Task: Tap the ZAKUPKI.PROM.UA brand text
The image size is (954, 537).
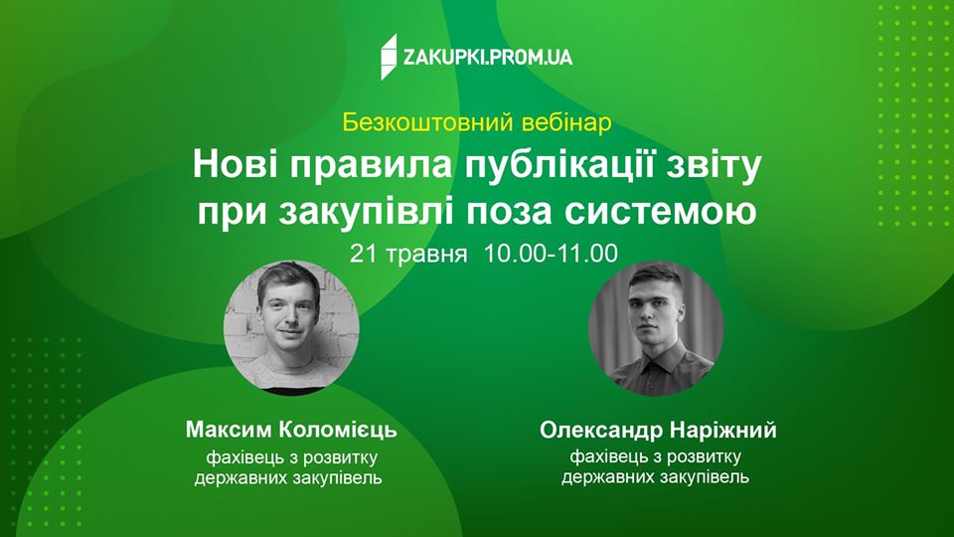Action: click(487, 58)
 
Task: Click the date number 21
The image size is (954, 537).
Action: click(362, 253)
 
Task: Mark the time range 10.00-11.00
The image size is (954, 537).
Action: click(552, 253)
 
